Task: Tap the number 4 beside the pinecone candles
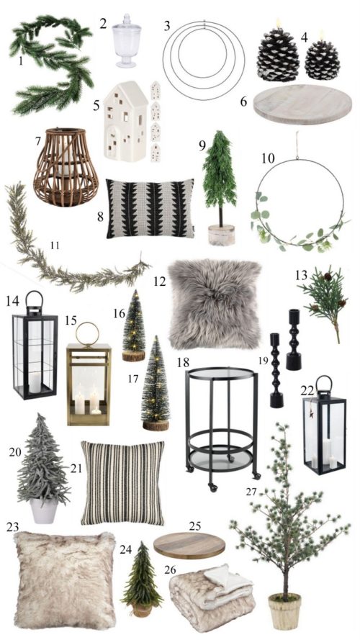coord(304,37)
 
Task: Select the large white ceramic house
coord(125,120)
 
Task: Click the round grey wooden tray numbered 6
coord(302,104)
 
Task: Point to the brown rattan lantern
coord(66,167)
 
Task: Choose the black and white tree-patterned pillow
coord(150,209)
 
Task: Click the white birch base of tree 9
coord(221,235)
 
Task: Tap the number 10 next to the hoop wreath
coord(268,158)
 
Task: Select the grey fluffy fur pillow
coord(215,304)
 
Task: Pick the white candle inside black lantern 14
coord(35,382)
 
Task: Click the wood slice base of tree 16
coord(133,356)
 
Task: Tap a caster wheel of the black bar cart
coord(212,487)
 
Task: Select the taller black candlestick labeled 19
coord(276,370)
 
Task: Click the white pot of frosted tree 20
coord(44,510)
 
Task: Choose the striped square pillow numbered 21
coord(122,483)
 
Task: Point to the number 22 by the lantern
coord(307,391)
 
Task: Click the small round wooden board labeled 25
coord(189,545)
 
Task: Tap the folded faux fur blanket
coord(212,597)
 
